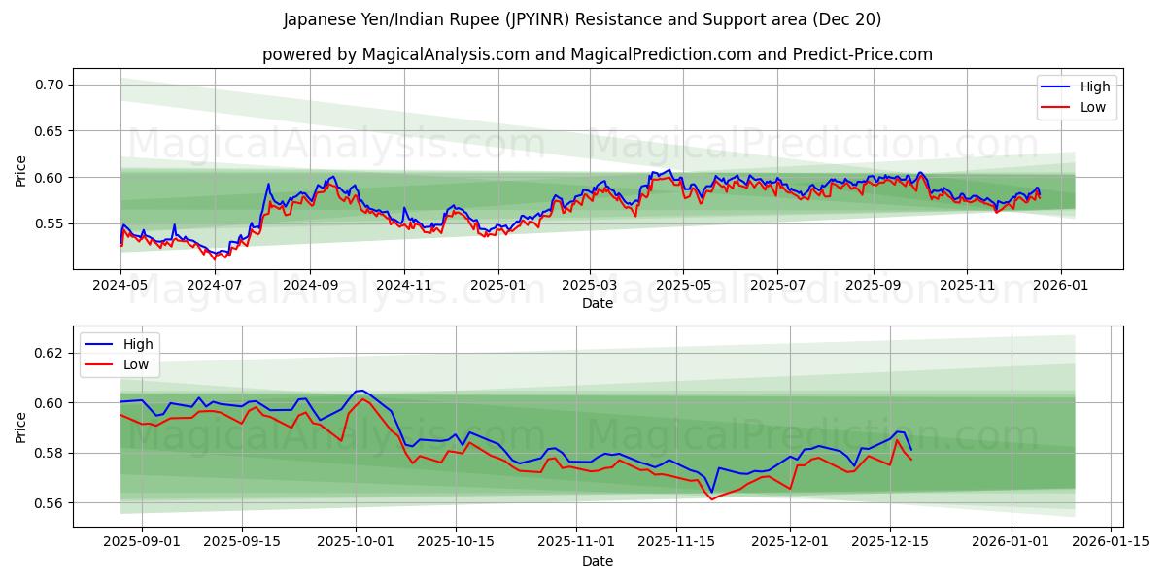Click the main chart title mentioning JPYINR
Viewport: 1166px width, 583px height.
pyautogui.click(x=583, y=19)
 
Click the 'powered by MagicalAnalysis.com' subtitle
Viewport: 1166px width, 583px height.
pyautogui.click(x=597, y=54)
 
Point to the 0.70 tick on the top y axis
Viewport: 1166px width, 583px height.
pyautogui.click(x=50, y=85)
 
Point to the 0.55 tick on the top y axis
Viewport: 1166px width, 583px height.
pyautogui.click(x=50, y=223)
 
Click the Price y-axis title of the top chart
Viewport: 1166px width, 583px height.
pyautogui.click(x=21, y=171)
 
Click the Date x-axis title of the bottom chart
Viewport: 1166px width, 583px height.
pyautogui.click(x=597, y=561)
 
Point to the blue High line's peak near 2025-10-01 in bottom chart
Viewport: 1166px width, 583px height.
pyautogui.click(x=360, y=390)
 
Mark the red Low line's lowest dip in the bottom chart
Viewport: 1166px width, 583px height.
pyautogui.click(x=712, y=499)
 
